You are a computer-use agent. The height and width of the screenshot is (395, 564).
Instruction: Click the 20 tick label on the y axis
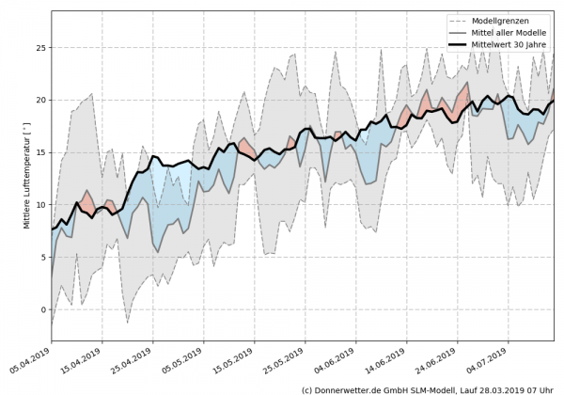click(39, 100)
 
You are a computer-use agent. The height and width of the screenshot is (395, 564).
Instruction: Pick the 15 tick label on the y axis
click(39, 152)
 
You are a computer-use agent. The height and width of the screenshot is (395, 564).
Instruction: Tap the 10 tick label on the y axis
click(39, 205)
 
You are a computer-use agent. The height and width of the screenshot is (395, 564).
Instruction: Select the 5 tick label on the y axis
click(42, 258)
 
